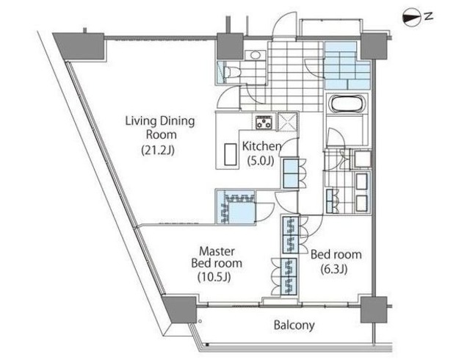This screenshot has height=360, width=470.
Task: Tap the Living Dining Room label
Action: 160,128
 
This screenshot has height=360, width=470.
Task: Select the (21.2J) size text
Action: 158,150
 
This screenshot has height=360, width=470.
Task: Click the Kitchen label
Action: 261,146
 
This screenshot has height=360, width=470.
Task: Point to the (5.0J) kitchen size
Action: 261,161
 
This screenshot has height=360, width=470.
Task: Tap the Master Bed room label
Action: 217,257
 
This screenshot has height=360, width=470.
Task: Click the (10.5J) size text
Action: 214,277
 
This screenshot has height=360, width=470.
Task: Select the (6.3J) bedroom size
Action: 334,269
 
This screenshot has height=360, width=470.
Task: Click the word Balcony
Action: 294,325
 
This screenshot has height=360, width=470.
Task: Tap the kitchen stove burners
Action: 264,122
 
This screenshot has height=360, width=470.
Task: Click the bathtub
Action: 347,104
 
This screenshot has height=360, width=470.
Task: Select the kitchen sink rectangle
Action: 231,154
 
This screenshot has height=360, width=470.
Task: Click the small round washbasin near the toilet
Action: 255,55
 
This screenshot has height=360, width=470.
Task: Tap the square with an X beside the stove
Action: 287,121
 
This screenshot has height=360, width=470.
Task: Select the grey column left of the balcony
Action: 180,309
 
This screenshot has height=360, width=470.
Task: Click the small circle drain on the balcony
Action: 199,321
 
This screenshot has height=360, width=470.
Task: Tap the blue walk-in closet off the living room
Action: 236,207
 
